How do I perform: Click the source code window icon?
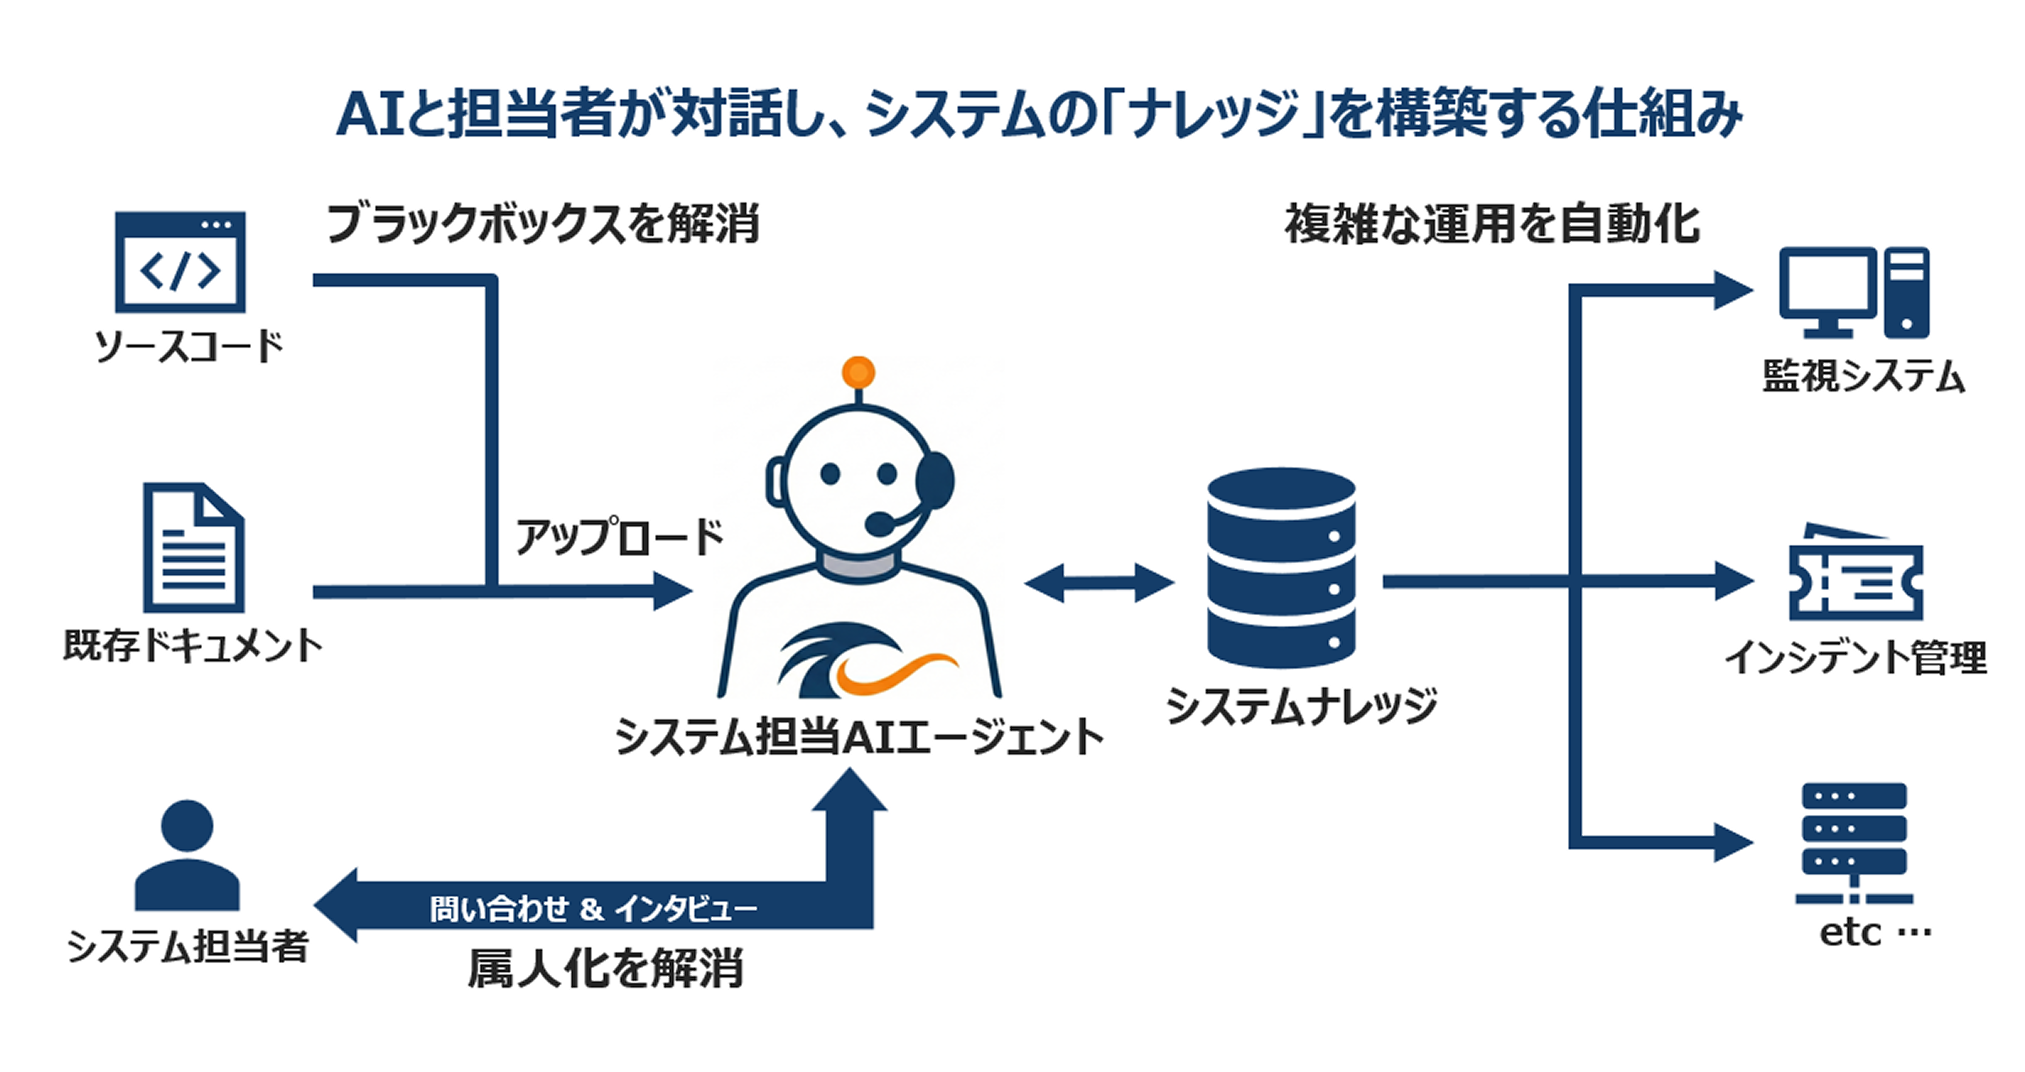[x=180, y=262]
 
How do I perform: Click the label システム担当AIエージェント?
[x=858, y=738]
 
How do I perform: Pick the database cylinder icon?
[x=1281, y=568]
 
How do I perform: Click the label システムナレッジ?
[x=1301, y=705]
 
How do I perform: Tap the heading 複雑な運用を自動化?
[x=1491, y=225]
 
